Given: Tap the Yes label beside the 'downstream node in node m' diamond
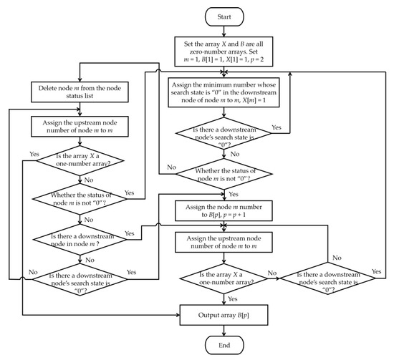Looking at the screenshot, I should pyautogui.click(x=130, y=233).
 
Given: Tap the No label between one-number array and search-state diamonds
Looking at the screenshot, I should pyautogui.click(x=272, y=272).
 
